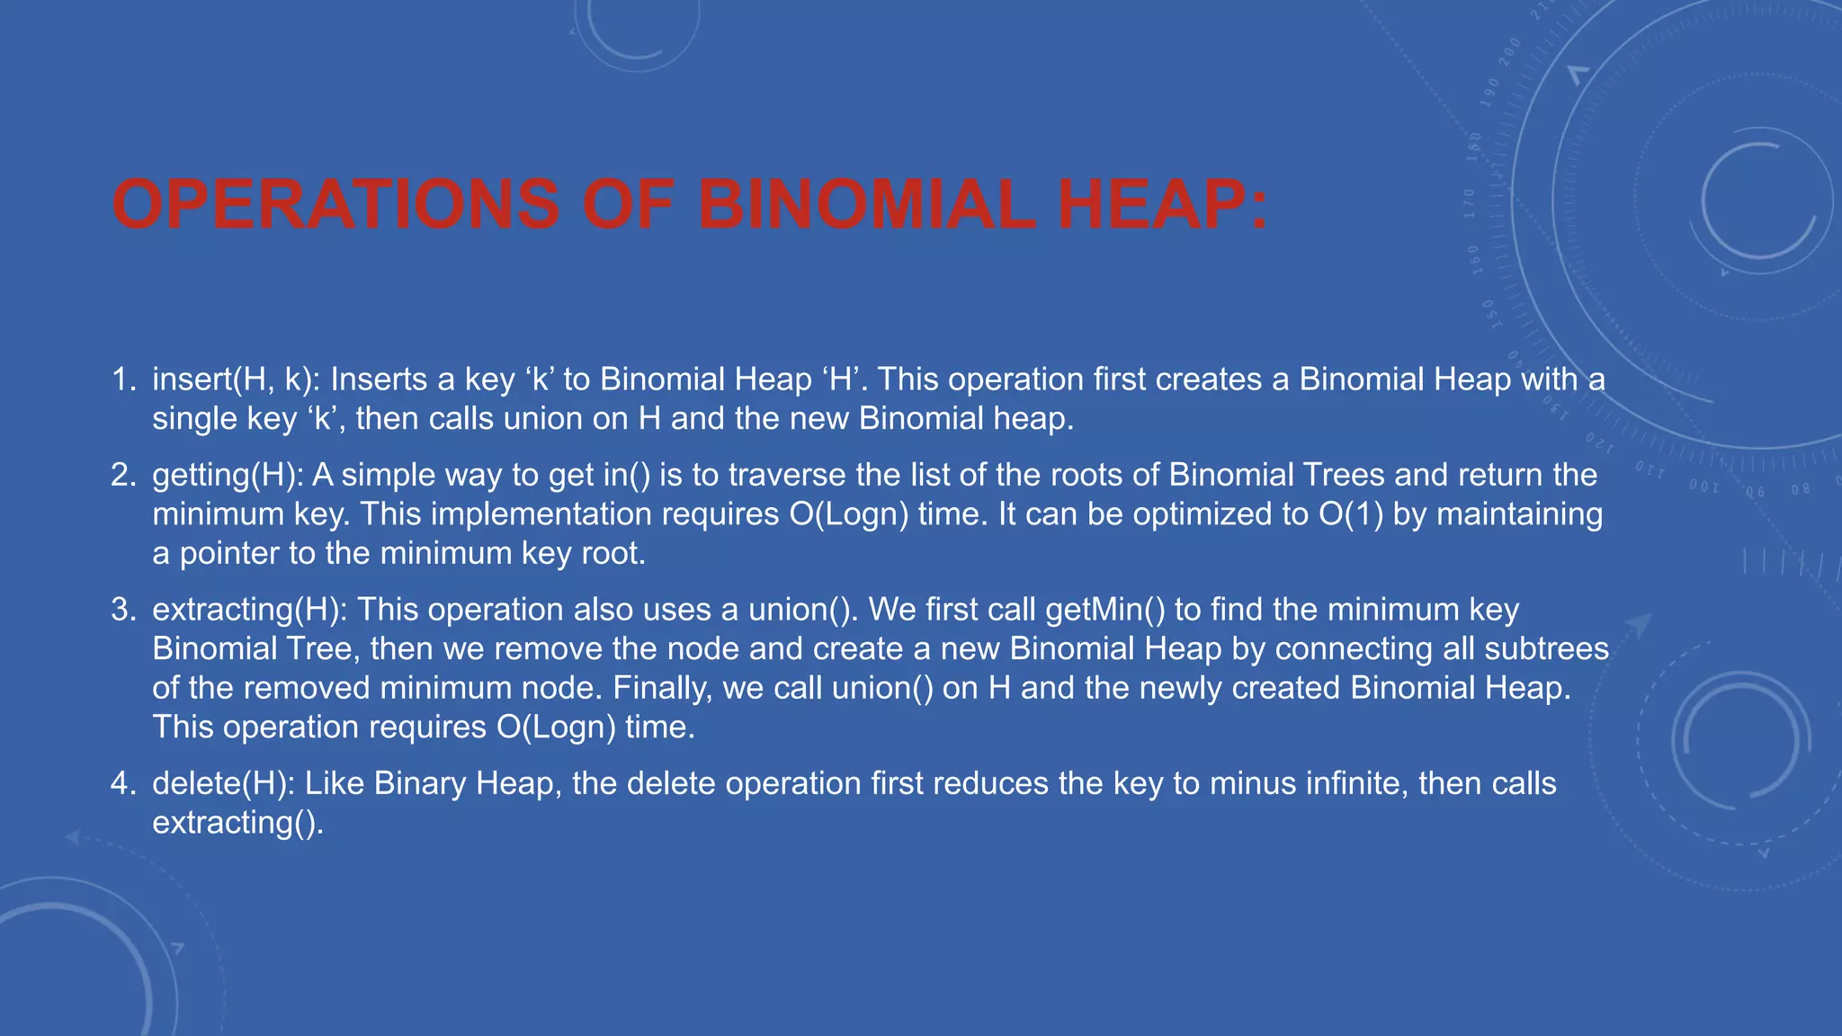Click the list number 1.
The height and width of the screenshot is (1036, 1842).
click(122, 380)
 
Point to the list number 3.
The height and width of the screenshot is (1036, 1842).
click(122, 610)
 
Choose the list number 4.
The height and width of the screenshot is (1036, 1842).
click(122, 783)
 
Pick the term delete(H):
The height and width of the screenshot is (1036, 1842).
click(224, 783)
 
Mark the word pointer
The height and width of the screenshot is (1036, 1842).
click(229, 553)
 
